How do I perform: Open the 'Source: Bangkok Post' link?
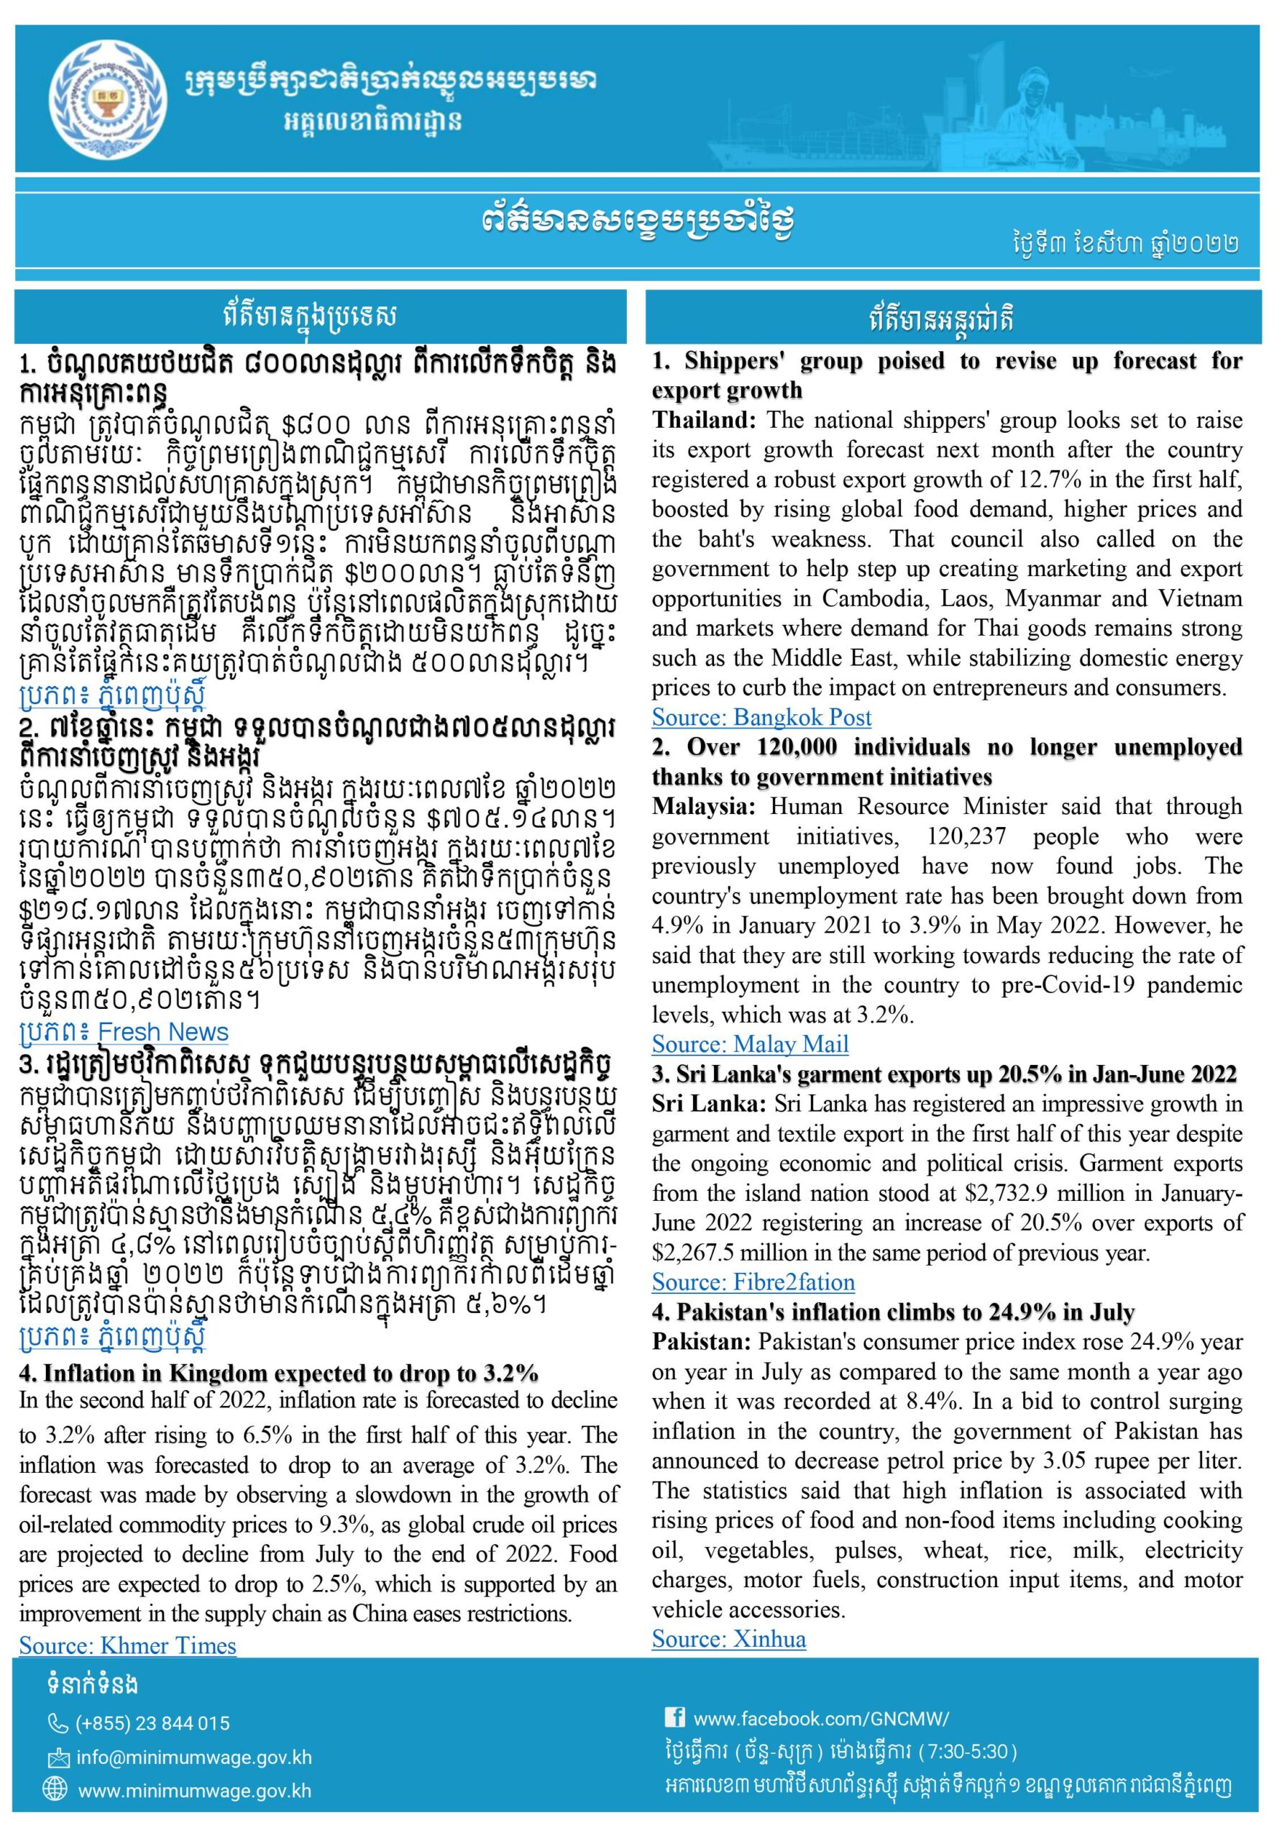click(x=761, y=718)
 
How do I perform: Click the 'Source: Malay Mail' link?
click(x=750, y=1044)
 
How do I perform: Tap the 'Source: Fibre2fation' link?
click(x=753, y=1282)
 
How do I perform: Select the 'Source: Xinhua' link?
click(x=728, y=1639)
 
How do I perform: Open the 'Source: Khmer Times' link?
click(x=128, y=1645)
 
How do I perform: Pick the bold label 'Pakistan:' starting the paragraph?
click(x=701, y=1342)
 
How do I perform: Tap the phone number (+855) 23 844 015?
click(x=152, y=1724)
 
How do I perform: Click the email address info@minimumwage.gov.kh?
click(x=194, y=1758)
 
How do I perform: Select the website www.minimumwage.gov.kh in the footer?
click(x=194, y=1791)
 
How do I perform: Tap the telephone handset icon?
click(x=58, y=1724)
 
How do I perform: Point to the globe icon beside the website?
click(x=58, y=1791)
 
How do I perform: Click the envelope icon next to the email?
click(x=58, y=1758)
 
